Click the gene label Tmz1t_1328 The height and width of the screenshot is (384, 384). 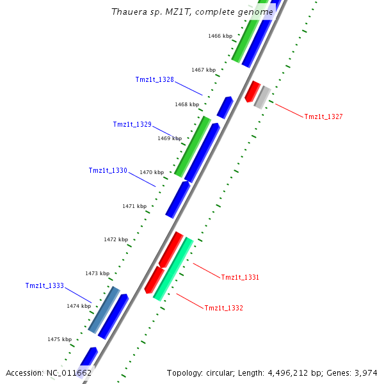point(154,80)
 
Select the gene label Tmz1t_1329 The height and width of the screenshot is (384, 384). point(132,124)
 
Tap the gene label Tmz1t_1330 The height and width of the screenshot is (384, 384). point(108,171)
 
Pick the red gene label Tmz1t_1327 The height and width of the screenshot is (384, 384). point(323,116)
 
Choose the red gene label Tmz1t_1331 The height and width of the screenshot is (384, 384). point(240,277)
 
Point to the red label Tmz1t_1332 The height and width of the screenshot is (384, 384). point(223,308)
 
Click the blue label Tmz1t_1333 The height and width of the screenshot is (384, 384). point(45,285)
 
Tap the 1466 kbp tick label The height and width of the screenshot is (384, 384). point(220,36)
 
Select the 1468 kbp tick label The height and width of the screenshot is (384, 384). point(186,104)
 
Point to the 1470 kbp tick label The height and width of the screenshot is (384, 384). point(152,172)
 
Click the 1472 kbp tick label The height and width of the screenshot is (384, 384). point(115,239)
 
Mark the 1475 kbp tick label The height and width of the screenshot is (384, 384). point(59,339)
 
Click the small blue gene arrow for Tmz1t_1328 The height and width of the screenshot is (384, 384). point(225,107)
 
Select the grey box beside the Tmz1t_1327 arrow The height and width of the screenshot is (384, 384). point(261,97)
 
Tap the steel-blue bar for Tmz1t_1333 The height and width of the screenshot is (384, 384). point(104,310)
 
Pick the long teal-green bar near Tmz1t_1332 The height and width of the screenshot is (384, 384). point(173,269)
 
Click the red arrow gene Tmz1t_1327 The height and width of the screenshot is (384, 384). point(252,91)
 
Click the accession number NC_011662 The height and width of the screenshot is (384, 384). point(68,372)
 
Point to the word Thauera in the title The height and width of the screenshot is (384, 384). point(128,12)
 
